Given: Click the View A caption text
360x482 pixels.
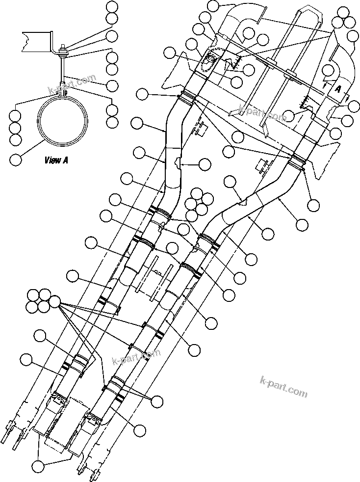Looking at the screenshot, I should [56, 160].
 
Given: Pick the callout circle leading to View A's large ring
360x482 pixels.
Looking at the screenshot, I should [16, 159].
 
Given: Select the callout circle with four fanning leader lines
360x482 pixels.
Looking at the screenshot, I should [55, 301].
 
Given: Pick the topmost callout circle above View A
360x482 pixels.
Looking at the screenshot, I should [112, 7].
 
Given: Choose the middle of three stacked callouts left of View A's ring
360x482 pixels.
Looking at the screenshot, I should [16, 128].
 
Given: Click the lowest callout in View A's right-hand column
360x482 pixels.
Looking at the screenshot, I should [112, 121].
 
